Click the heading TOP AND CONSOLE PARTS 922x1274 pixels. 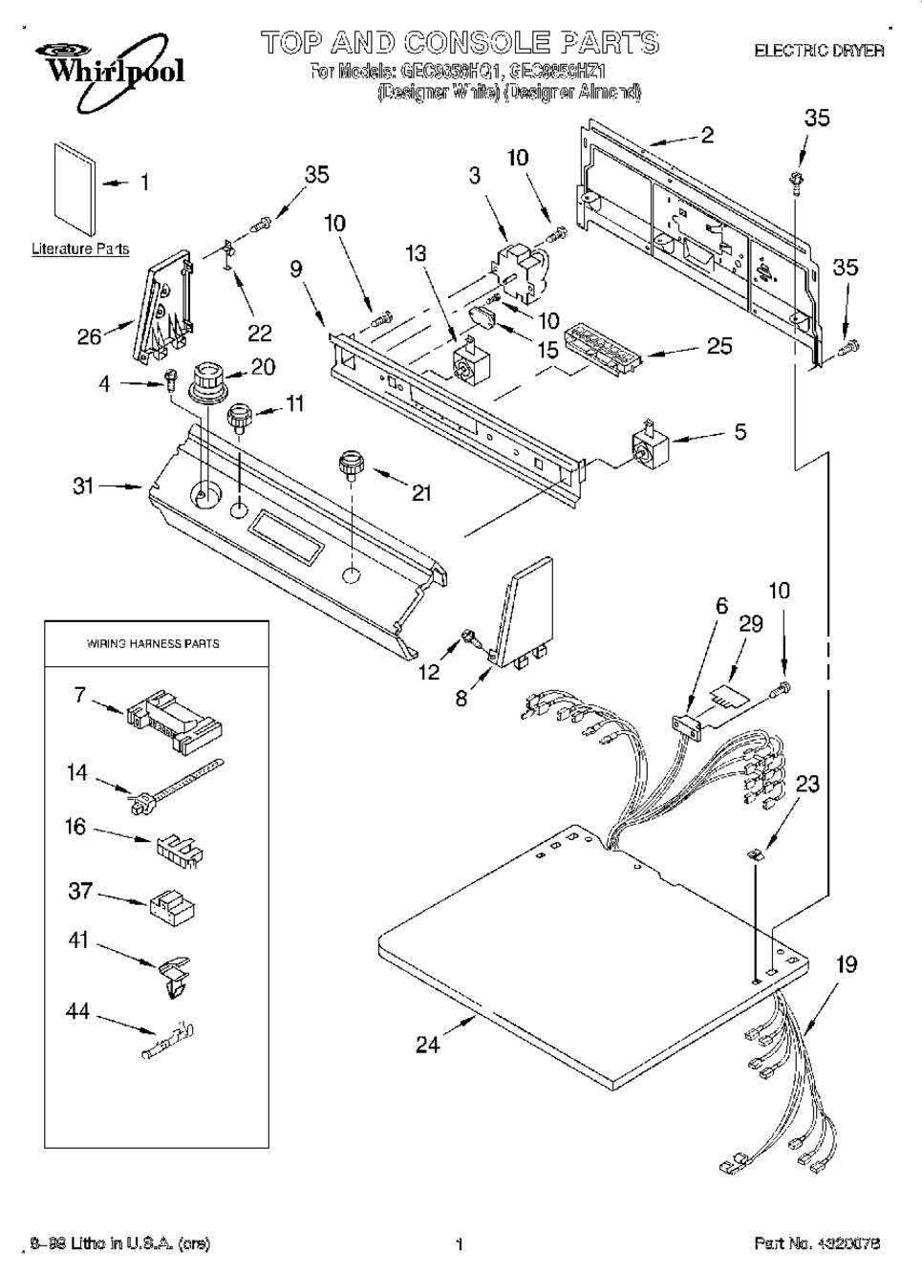tap(460, 43)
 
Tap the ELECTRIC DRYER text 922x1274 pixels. tap(819, 50)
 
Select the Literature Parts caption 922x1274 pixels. tap(80, 249)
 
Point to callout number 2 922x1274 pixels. tap(707, 135)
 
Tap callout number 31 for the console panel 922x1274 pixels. tap(84, 486)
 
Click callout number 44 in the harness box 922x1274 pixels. tap(77, 1010)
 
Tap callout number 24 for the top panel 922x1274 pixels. tap(427, 1045)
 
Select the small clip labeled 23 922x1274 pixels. tap(756, 854)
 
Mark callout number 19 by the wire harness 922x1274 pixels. tap(847, 964)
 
